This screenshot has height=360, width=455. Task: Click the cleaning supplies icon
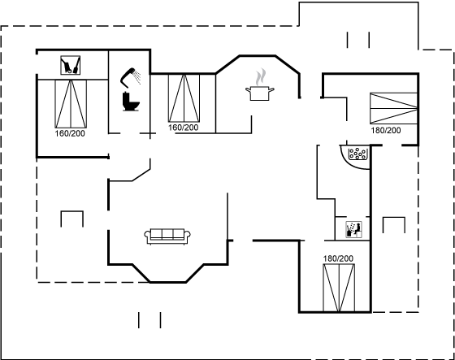[70, 65]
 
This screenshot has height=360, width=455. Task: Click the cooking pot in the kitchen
[260, 93]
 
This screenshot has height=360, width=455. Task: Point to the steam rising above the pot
[261, 77]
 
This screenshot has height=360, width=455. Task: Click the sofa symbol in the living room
[167, 236]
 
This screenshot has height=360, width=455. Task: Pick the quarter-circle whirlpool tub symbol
[356, 157]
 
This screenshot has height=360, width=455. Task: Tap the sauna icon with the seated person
[353, 229]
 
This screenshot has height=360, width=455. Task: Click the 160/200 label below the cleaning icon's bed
[70, 133]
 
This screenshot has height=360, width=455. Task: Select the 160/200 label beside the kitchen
[184, 128]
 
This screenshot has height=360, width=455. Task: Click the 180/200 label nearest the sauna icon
[338, 258]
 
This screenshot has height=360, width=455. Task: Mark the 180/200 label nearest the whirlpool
[386, 130]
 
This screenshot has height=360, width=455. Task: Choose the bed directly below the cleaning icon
[71, 104]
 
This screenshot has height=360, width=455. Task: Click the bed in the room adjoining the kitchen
[184, 98]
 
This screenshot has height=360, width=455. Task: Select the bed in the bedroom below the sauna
[339, 288]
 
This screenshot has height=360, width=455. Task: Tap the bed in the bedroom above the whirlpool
[394, 108]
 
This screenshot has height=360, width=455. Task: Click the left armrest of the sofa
[147, 235]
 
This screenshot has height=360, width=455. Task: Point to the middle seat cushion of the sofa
[167, 234]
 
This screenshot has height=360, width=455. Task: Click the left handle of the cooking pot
[248, 89]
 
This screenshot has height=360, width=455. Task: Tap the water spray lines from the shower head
[137, 76]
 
